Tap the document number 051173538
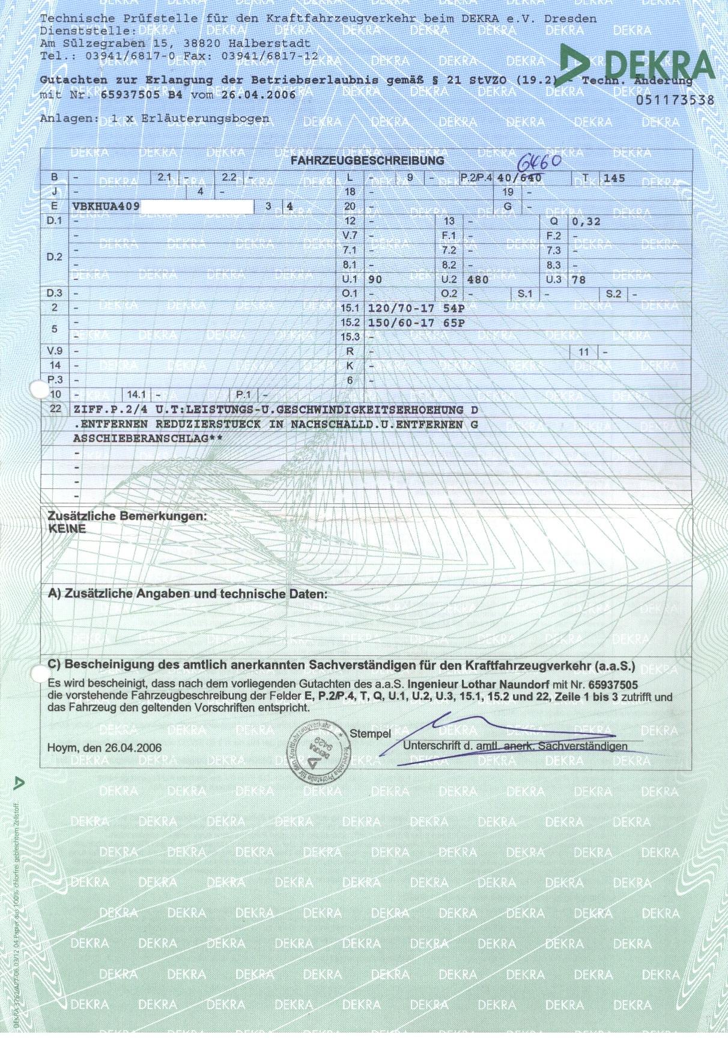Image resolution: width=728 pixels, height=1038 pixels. pos(675,100)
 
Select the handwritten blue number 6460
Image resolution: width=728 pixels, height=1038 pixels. pos(539,162)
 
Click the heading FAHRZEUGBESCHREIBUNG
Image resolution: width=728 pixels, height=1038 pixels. pos(367,161)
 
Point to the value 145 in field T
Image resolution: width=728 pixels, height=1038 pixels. pos(614,178)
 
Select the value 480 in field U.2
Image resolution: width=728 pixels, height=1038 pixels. pos(478,280)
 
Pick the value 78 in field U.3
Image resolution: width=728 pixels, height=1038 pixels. pos(578,280)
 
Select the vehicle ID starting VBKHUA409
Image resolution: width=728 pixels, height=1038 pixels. pos(106,207)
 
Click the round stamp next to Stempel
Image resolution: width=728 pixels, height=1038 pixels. pos(319,748)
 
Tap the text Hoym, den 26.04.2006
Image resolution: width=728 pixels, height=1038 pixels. pos(105,748)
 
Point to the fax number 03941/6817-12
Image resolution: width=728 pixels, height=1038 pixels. pos(270,56)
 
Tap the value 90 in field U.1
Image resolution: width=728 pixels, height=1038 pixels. pos(375,280)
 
